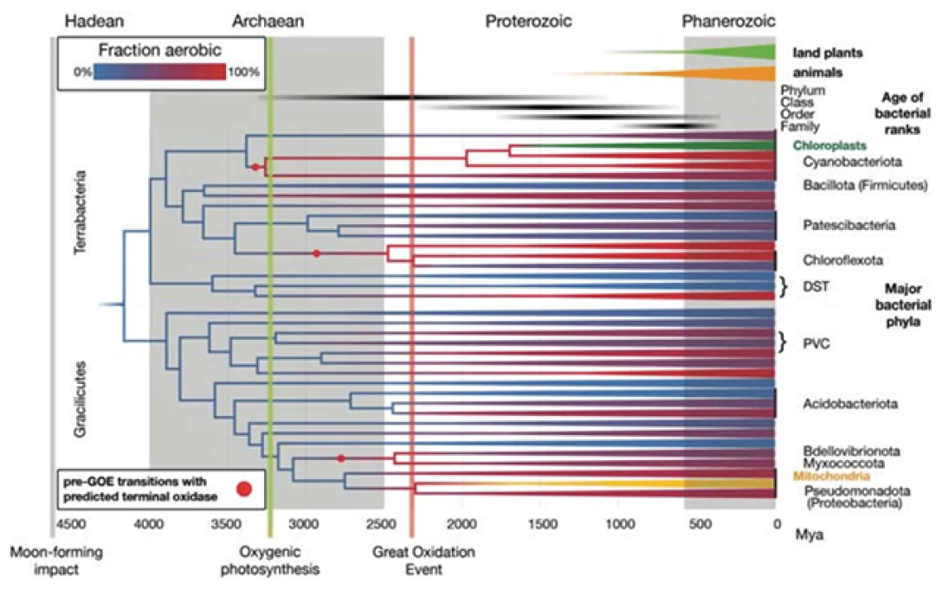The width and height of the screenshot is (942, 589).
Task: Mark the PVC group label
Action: point(814,343)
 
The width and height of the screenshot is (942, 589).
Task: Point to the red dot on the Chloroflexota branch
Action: point(317,253)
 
